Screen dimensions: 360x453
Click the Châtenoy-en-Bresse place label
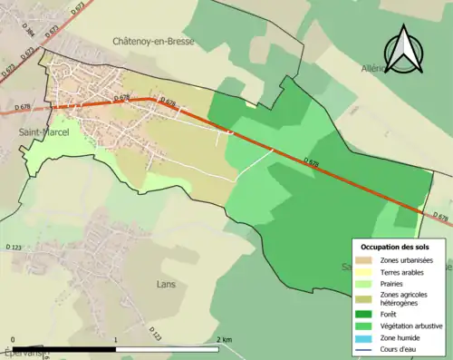tap(152, 41)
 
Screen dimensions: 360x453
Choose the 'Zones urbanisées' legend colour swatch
tap(367, 261)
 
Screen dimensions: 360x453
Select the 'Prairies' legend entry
tap(395, 283)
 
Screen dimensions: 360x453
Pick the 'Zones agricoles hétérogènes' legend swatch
tap(367, 297)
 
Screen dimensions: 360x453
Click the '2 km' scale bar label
tap(224, 339)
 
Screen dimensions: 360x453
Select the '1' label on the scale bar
tap(115, 339)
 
